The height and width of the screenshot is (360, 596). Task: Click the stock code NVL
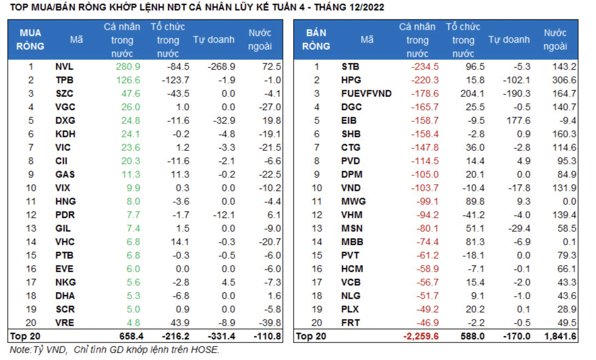64,67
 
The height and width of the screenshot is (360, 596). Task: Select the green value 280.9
128,67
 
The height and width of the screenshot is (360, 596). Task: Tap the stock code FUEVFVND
366,94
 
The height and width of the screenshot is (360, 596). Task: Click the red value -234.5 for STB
424,67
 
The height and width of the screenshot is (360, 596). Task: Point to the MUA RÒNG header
30,39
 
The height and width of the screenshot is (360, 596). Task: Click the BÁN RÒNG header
316,39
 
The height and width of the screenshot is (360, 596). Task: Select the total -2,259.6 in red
421,336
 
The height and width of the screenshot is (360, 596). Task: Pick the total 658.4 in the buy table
131,336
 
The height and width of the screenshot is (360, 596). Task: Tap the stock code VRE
64,323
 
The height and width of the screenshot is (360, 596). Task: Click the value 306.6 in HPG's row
564,80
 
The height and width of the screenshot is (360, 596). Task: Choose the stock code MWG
353,202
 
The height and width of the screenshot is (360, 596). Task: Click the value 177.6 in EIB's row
518,121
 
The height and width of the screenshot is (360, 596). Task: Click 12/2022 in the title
366,7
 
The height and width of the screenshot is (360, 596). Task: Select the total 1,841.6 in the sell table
560,336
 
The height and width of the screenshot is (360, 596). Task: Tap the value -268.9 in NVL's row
221,67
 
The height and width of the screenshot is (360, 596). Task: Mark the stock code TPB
64,80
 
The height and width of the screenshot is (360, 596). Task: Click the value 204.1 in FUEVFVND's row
472,94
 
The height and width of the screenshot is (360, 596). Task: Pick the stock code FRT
350,323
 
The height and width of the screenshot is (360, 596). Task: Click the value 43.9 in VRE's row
180,323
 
